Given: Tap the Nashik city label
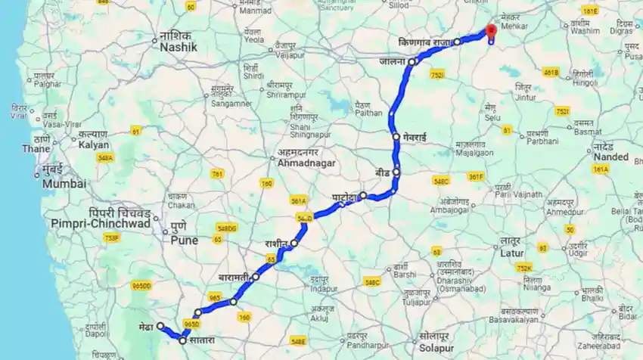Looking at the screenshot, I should pyautogui.click(x=178, y=47).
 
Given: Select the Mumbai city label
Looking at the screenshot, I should pyautogui.click(x=64, y=183).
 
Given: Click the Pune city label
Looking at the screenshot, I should pyautogui.click(x=184, y=241).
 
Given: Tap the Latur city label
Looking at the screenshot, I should pyautogui.click(x=512, y=253).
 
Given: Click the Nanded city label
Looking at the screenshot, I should pyautogui.click(x=611, y=157).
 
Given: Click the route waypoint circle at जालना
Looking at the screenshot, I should pyautogui.click(x=412, y=62).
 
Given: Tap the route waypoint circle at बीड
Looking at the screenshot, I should pyautogui.click(x=396, y=172).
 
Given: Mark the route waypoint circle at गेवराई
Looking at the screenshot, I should pyautogui.click(x=396, y=137).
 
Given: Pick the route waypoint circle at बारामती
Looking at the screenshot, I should pyautogui.click(x=256, y=277).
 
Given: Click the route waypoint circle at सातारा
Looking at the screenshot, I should pyautogui.click(x=182, y=340).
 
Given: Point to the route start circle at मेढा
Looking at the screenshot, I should pyautogui.click(x=160, y=327).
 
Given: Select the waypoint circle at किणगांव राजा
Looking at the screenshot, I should pyautogui.click(x=457, y=42).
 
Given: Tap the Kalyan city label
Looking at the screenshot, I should pyautogui.click(x=94, y=144).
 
